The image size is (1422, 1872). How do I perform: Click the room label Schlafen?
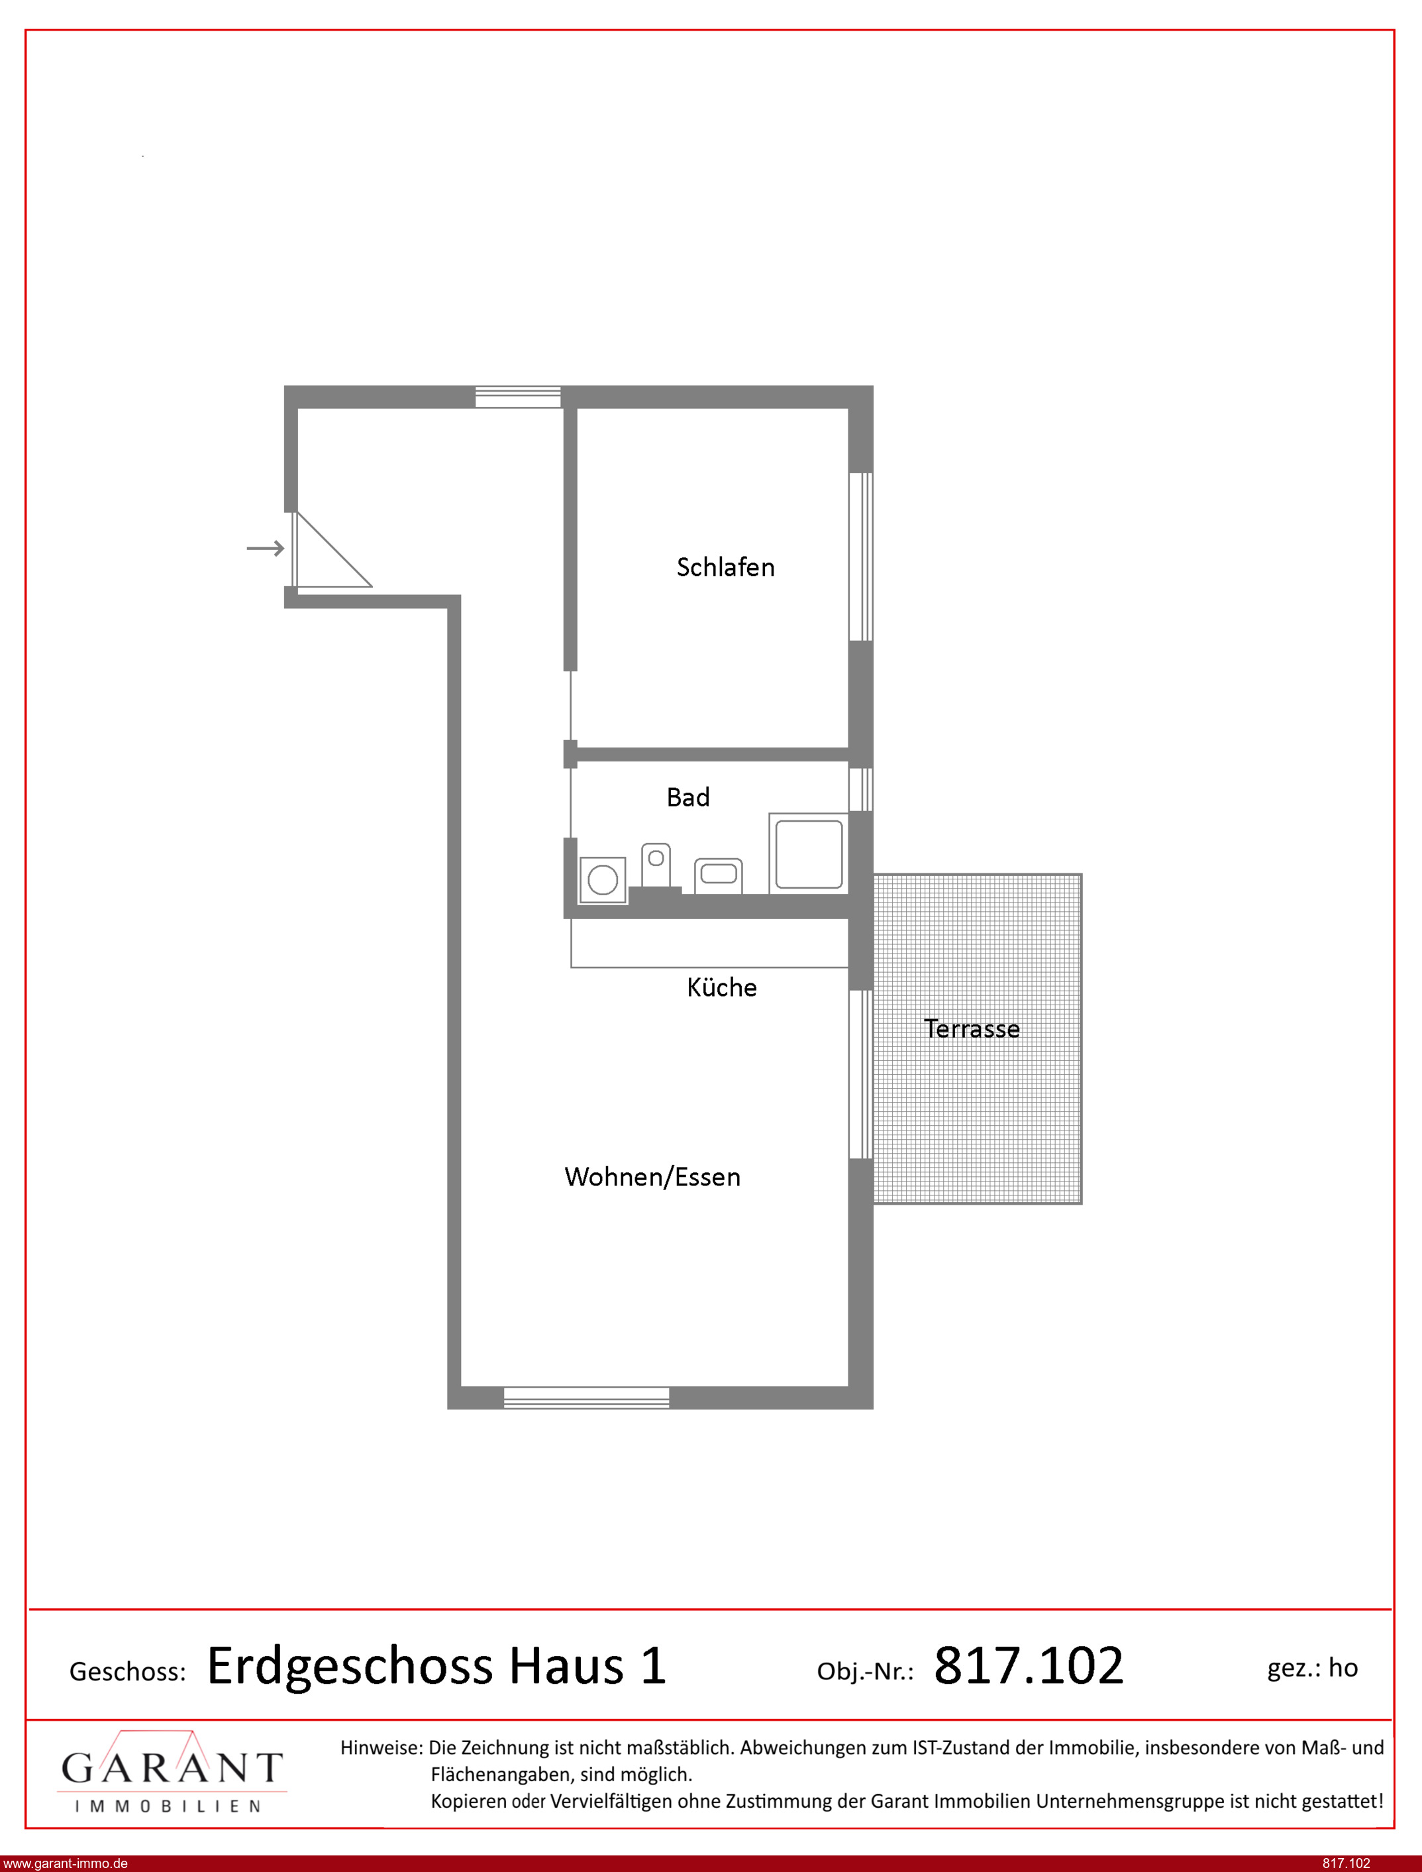tap(725, 567)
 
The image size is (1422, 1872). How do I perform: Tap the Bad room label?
tap(688, 798)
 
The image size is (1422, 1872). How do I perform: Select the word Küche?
tap(721, 987)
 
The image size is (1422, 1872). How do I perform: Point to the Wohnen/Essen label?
tap(652, 1177)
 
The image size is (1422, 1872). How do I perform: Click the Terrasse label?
tap(972, 1028)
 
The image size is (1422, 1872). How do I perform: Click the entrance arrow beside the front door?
tap(265, 549)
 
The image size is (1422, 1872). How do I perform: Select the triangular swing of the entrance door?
tap(332, 551)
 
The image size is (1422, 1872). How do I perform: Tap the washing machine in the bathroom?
tap(603, 880)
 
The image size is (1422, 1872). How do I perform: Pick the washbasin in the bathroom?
tap(719, 875)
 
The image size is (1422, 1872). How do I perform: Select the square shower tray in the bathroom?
tap(808, 853)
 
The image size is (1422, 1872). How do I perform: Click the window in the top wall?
tap(518, 397)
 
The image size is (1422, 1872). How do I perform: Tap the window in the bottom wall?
tap(587, 1398)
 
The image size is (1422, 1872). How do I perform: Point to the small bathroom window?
tap(861, 789)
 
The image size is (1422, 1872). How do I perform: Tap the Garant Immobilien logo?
tap(172, 1772)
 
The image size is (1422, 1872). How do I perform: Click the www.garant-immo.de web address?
tap(66, 1863)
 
